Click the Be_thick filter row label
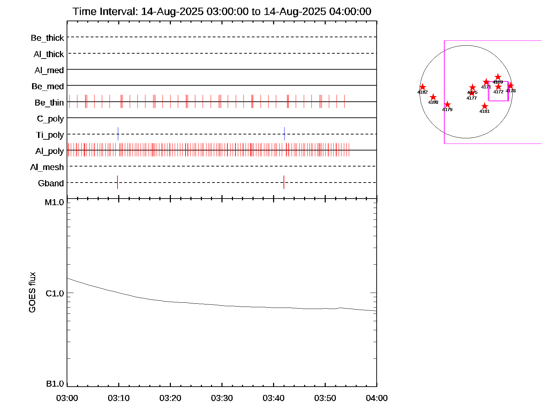47,38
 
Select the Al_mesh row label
47,167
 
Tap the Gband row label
51,183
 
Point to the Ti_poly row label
50,135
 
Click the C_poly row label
51,119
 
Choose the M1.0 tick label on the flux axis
54,202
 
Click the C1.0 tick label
55,294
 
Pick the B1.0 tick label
55,384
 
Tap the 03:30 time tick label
222,398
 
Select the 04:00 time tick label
377,398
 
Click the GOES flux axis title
32,293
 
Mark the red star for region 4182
422,87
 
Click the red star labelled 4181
484,106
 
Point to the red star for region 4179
447,104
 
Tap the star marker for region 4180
433,97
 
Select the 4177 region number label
472,98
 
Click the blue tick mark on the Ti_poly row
118,134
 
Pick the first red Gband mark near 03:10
118,182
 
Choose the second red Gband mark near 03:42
284,182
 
